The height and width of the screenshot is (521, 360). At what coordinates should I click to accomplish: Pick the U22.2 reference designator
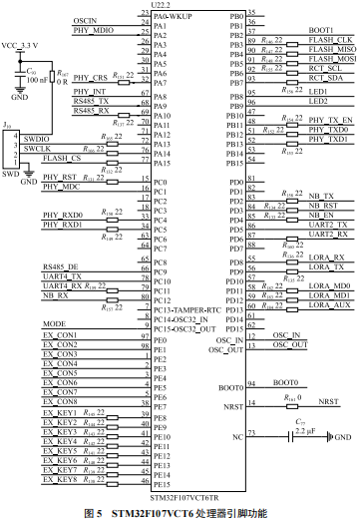[161, 7]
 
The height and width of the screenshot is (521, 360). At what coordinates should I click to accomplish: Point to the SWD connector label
[11, 172]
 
